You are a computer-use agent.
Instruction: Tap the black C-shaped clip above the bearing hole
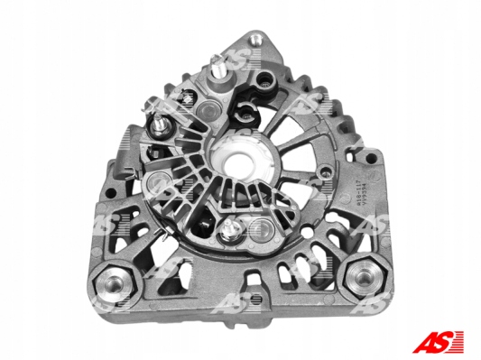(245, 114)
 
